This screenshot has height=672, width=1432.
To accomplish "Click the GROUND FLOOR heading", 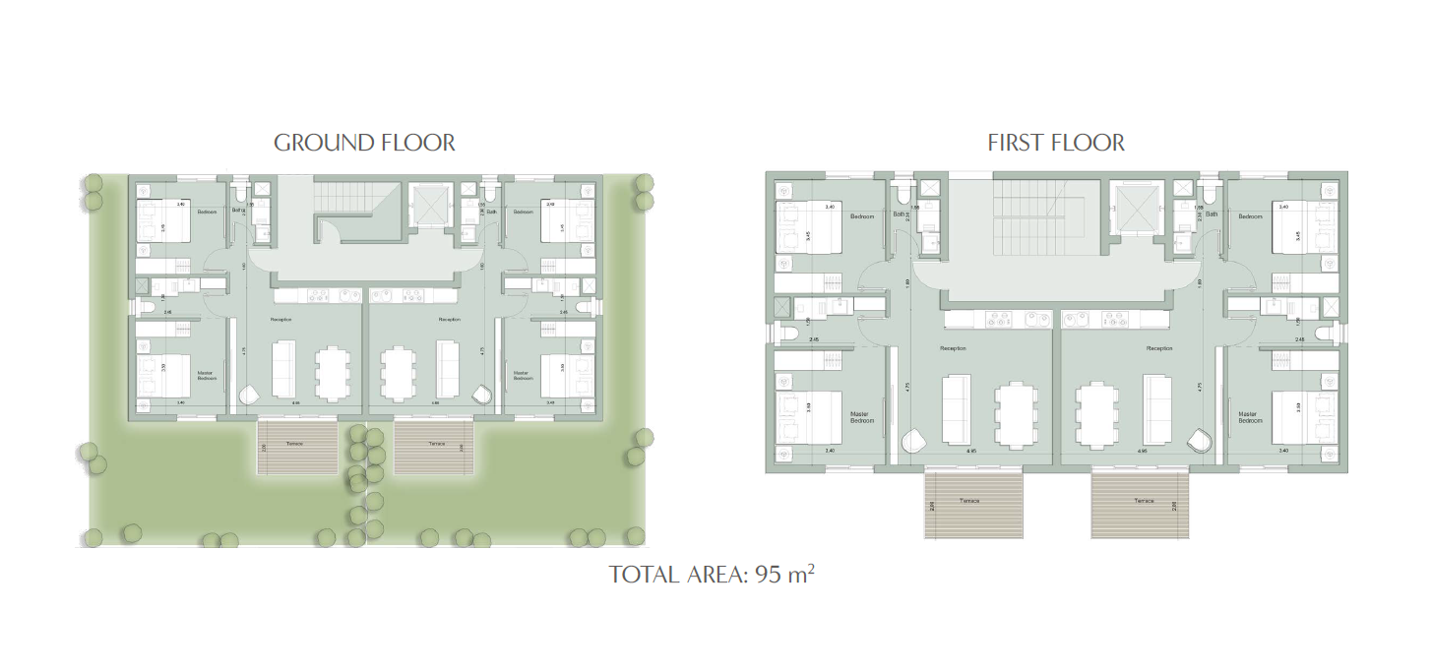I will pyautogui.click(x=364, y=143).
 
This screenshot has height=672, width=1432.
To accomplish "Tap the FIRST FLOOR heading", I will pyautogui.click(x=1056, y=143).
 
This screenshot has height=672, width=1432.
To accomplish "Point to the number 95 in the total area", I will pyautogui.click(x=768, y=575).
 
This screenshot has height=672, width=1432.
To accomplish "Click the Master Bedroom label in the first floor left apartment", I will pyautogui.click(x=862, y=417).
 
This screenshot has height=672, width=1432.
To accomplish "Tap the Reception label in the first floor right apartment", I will pyautogui.click(x=1159, y=348).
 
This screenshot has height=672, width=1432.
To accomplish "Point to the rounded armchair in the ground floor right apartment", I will pyautogui.click(x=482, y=394).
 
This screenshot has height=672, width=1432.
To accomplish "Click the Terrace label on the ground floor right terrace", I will pyautogui.click(x=437, y=444).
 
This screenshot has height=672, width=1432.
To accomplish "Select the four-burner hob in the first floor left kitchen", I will pyautogui.click(x=1000, y=320).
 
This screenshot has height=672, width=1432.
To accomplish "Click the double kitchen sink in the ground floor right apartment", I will pyautogui.click(x=385, y=294).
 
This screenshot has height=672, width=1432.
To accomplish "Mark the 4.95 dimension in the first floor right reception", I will pyautogui.click(x=1142, y=452).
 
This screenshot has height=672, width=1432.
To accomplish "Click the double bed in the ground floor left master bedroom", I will pyautogui.click(x=156, y=374).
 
